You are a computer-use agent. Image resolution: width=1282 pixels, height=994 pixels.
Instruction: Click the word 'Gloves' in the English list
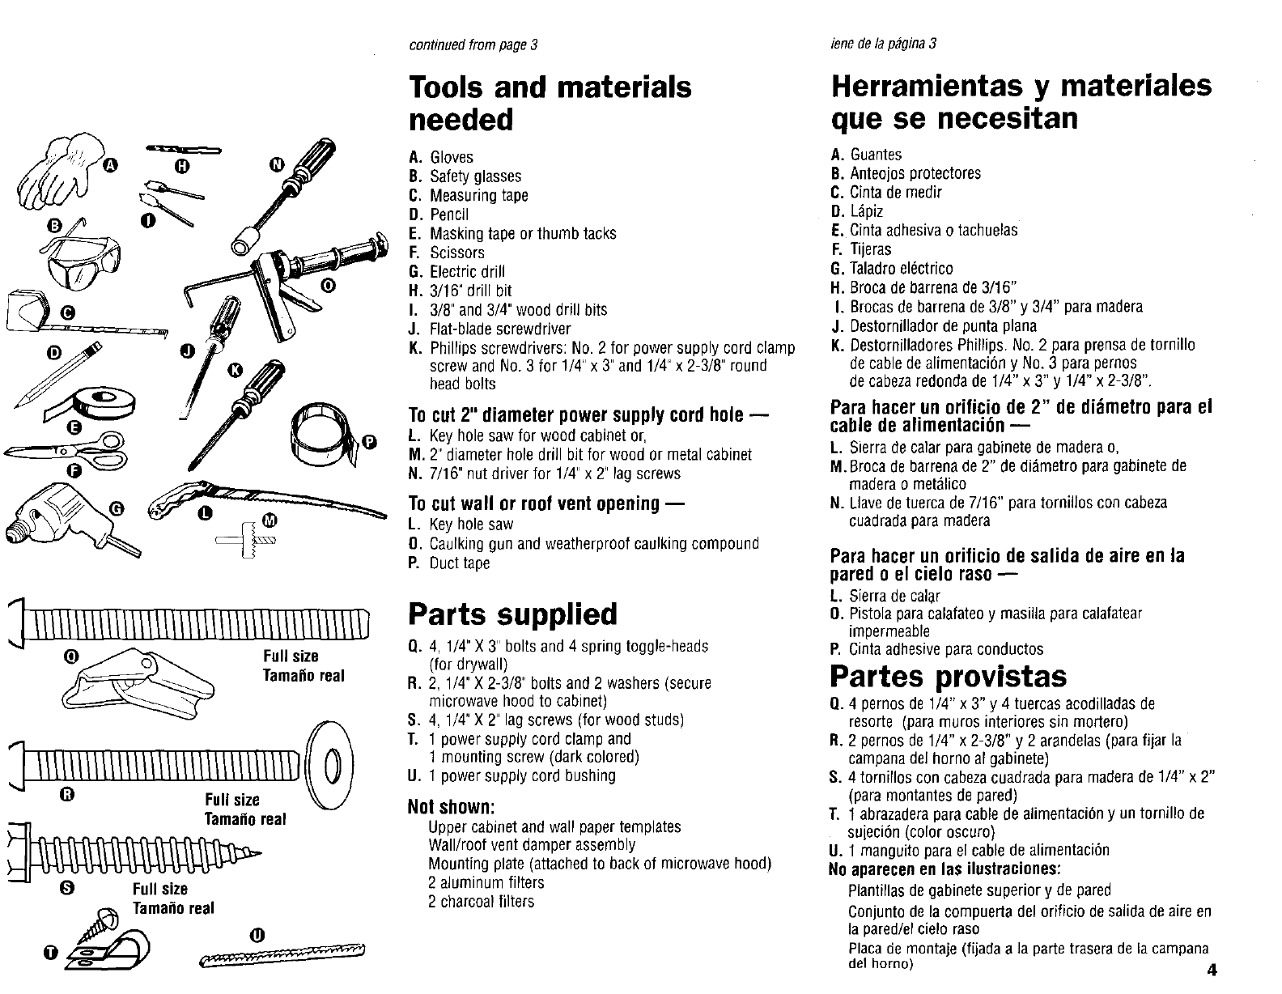pyautogui.click(x=452, y=157)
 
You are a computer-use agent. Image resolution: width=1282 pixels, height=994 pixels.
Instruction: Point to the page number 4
pyautogui.click(x=1211, y=971)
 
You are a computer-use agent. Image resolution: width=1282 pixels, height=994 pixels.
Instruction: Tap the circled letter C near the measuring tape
pyautogui.click(x=66, y=313)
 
